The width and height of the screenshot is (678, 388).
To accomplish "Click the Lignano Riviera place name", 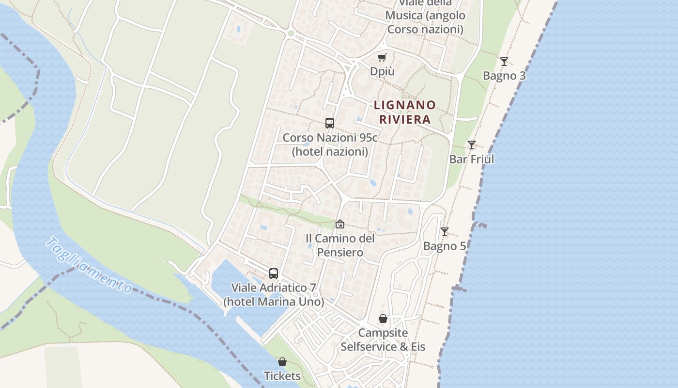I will tap(405, 112).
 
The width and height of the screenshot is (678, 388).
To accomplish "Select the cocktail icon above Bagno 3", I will tap(504, 62).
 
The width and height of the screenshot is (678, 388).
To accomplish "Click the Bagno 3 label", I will tap(504, 76).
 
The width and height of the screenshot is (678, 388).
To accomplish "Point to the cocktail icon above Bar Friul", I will tap(471, 145).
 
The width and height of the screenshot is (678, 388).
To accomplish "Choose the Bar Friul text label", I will tap(471, 159).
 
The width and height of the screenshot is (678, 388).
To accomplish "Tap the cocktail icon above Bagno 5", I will tap(445, 232).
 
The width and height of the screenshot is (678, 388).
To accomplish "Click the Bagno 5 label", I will tap(445, 246).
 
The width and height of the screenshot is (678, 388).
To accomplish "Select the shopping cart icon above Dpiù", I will tap(382, 58).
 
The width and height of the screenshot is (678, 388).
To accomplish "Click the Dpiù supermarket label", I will tap(382, 71).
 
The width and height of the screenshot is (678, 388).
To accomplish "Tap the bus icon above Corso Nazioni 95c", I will tap(330, 123).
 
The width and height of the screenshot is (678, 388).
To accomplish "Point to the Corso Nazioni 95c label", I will tap(330, 145).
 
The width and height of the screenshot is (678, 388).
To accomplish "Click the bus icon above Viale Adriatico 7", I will tap(274, 274).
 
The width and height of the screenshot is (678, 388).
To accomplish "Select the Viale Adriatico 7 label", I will tap(274, 294).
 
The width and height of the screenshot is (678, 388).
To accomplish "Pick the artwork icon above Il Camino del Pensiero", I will tap(340, 224).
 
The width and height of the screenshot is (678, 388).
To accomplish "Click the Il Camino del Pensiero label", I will tap(340, 245).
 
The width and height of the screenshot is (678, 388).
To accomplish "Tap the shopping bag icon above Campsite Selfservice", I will tap(383, 319).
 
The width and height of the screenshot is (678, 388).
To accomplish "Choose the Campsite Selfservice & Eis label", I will tap(383, 339).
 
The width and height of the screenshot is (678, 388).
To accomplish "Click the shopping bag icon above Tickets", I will tap(282, 362).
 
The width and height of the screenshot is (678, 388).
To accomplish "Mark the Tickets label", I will tap(282, 376).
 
